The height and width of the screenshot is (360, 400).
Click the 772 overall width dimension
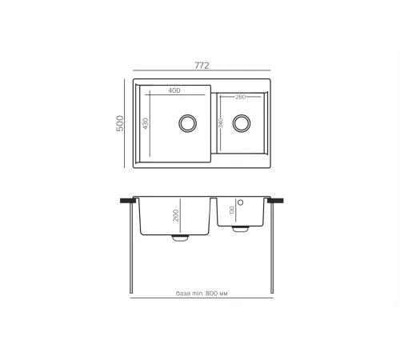[x=202, y=66]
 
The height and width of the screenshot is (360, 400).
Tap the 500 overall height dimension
[x=120, y=123]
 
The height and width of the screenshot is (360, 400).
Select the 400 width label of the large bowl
[x=174, y=90]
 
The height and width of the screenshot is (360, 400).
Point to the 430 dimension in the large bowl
[x=146, y=123]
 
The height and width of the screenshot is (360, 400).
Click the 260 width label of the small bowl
[x=240, y=97]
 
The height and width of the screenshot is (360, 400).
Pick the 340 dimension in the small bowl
[x=221, y=123]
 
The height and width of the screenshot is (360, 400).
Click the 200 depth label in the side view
[x=175, y=215]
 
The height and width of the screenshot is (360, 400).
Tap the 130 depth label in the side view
[x=231, y=210]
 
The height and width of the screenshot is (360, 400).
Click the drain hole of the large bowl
[x=188, y=123]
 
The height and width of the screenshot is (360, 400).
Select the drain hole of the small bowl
[x=242, y=123]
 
